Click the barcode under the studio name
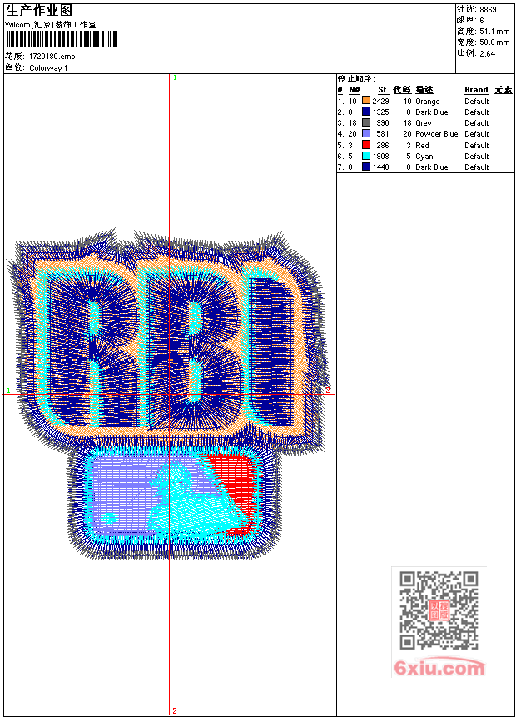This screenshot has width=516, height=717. pyautogui.click(x=62, y=39)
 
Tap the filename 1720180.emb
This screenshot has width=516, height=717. pyautogui.click(x=52, y=57)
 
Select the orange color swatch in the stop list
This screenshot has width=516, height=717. pyautogui.click(x=365, y=101)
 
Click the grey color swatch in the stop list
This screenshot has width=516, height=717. pyautogui.click(x=365, y=122)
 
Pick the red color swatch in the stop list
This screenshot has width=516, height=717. pyautogui.click(x=365, y=145)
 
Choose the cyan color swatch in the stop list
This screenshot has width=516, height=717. pyautogui.click(x=365, y=156)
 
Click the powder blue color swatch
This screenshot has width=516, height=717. pyautogui.click(x=365, y=133)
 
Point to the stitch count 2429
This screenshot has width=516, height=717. pyautogui.click(x=380, y=101)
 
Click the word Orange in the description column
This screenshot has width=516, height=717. pyautogui.click(x=427, y=102)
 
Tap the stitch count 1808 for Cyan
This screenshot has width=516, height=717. pyautogui.click(x=380, y=157)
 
